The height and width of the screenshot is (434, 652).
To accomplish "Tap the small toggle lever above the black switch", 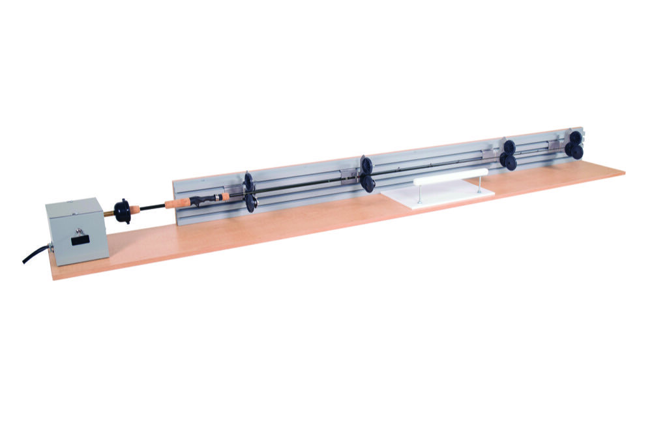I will pos(78,229).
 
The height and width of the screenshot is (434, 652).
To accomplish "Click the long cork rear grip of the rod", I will pos(177,203).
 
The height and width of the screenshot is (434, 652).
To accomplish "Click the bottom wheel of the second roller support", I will pos(368,184).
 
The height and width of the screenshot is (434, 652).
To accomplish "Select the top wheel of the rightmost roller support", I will pos(576,138).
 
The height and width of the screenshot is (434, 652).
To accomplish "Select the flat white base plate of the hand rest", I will pos(437,197).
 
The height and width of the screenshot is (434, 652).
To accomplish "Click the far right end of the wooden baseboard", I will pos(619,171).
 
